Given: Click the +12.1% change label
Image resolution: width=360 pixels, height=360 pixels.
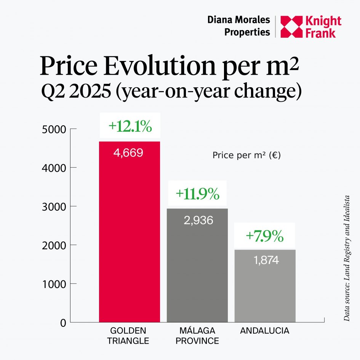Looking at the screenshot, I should [130, 126].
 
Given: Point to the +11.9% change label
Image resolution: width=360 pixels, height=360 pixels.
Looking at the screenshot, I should [197, 194].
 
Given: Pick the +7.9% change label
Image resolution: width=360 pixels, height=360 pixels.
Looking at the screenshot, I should [265, 236].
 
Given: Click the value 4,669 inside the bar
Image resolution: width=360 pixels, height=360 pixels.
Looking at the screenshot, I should [128, 153].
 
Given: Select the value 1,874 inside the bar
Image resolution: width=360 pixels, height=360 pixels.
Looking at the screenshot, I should [266, 261].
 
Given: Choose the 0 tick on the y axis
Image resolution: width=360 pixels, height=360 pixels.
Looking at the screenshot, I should [63, 323].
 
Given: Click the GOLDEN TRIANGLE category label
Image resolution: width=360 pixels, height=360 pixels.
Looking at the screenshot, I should [128, 335].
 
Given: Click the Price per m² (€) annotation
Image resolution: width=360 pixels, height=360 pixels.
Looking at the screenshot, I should [246, 155].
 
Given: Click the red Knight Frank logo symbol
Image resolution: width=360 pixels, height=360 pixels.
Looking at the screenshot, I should [291, 27].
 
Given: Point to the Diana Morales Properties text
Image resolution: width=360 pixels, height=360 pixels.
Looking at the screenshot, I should [238, 26].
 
